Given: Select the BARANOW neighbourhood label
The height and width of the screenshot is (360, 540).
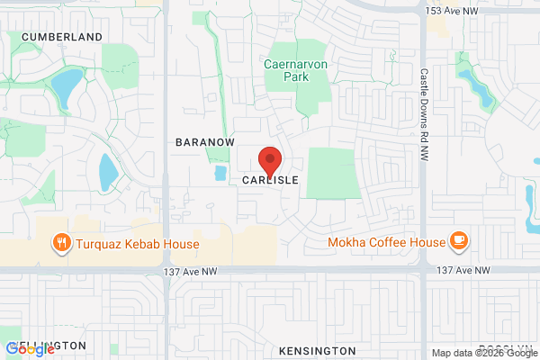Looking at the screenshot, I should tap(204, 142).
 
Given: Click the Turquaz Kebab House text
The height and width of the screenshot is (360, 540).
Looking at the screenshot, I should tap(138, 242).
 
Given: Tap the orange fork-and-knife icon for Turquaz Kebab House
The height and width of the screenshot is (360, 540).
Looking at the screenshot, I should tap(61, 242).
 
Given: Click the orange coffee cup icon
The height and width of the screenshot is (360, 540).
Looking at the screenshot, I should tap(459, 240).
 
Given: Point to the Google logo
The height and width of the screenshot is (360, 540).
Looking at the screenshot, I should tap(31, 349).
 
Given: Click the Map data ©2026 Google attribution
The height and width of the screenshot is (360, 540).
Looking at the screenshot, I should tap(482, 353).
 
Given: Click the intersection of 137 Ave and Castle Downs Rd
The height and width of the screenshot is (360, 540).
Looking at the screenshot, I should tap(423, 269).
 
